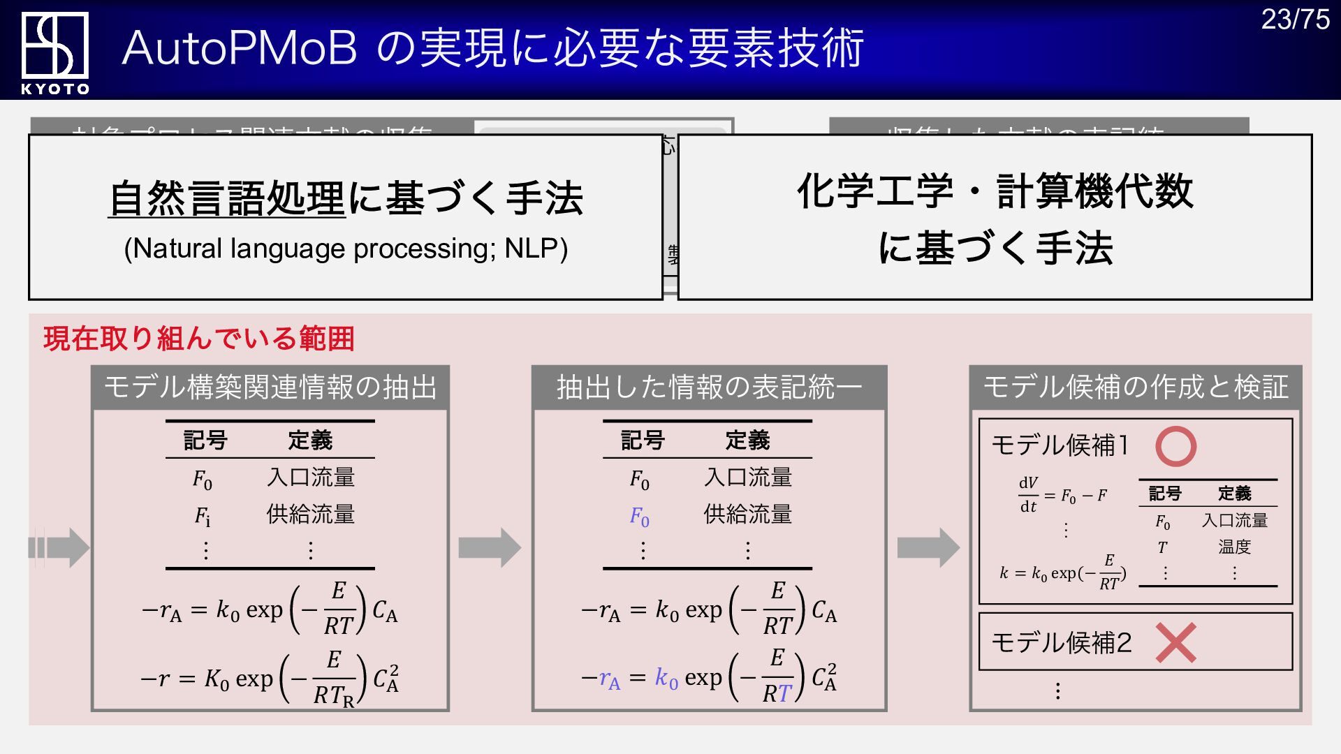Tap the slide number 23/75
tap(1295, 20)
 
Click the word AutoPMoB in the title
tap(240, 48)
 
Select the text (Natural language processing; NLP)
tap(346, 249)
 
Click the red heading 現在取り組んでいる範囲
tap(199, 339)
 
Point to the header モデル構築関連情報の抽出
tap(270, 387)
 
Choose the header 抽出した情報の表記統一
tap(709, 387)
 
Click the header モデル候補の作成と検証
tap(1136, 387)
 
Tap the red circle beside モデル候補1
tap(1175, 446)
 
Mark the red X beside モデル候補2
tap(1175, 642)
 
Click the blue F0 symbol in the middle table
tap(639, 517)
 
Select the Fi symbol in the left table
tap(202, 517)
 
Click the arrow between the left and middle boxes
tap(490, 548)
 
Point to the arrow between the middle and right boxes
tap(928, 548)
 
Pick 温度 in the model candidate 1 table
tap(1234, 547)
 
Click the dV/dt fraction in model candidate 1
tap(1028, 494)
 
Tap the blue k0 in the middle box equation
tap(666, 678)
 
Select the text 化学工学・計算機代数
tap(995, 191)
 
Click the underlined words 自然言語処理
tap(227, 198)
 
